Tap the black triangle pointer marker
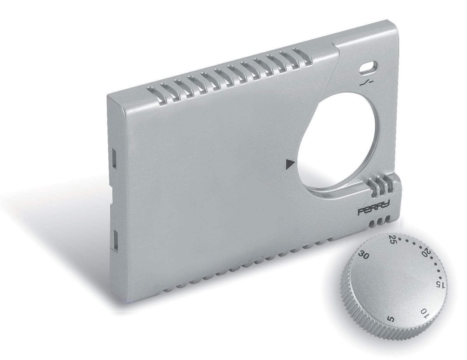click(x=290, y=164)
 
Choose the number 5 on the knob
click(x=392, y=325)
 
